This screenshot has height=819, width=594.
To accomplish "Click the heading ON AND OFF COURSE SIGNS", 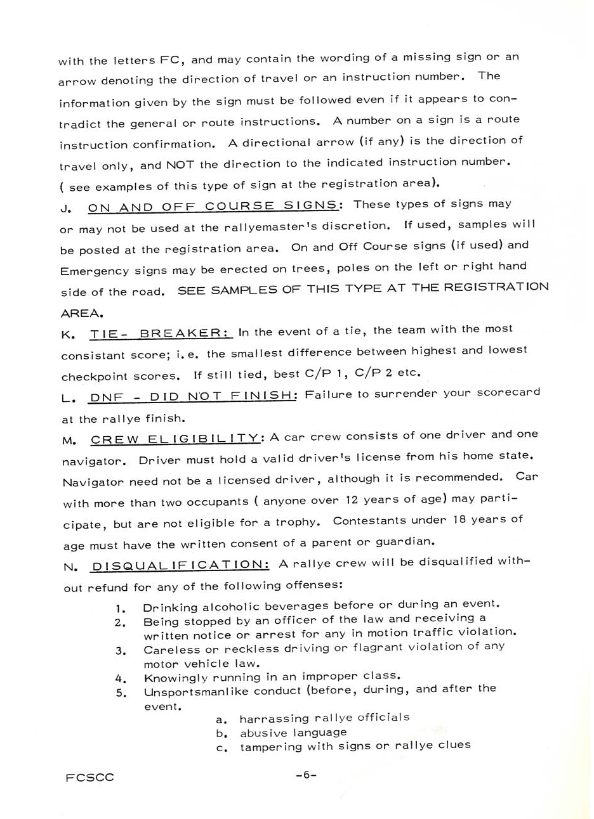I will [213, 206].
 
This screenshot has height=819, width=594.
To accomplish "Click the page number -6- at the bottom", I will [305, 775].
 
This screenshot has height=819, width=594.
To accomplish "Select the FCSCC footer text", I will [89, 777].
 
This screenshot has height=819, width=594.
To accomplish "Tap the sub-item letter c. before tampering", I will [221, 747].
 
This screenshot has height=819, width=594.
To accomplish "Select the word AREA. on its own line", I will [82, 313].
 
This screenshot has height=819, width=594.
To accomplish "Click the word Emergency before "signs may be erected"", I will [95, 271].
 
